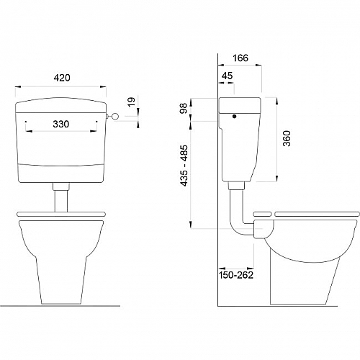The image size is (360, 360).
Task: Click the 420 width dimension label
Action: tap(62, 78)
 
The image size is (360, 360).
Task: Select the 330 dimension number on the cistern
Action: tap(61, 124)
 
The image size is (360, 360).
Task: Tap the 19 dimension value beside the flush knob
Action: tap(132, 102)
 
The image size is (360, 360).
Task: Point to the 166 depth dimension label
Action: tap(240, 58)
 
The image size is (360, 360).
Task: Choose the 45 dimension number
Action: tap(227, 76)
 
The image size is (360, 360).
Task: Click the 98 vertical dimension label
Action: tap(184, 109)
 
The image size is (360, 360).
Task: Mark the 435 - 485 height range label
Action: tap(184, 166)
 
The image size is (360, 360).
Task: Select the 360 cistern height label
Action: tap(287, 138)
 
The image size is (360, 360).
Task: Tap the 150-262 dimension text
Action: tap(236, 275)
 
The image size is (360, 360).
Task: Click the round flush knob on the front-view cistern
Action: tap(115, 117)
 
